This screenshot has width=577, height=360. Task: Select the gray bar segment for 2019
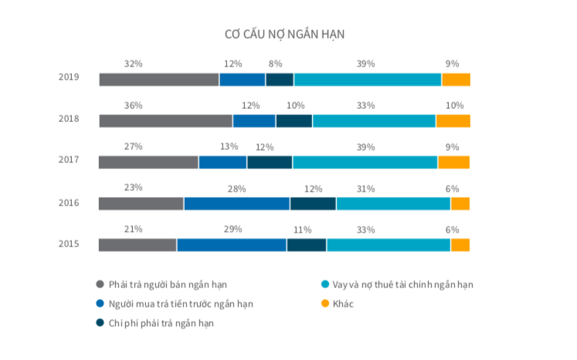tap(158, 79)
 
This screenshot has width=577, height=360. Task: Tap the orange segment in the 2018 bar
tap(453, 121)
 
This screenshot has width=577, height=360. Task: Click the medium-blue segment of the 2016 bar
tap(236, 203)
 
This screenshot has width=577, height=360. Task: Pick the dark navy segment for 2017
tap(269, 161)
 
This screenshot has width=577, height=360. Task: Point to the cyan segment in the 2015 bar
tap(388, 245)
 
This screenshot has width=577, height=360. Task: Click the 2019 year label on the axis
tap(69, 78)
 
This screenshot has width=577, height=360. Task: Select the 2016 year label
tap(69, 203)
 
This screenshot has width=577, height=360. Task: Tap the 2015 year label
tap(69, 244)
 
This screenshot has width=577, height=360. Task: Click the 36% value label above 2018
tap(133, 105)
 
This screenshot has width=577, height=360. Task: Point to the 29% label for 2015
tap(232, 229)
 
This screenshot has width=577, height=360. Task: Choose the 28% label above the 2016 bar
tap(236, 188)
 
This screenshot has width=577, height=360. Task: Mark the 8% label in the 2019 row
tap(275, 63)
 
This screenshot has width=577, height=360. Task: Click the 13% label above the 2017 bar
tap(229, 147)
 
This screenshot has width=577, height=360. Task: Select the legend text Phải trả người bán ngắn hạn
tap(168, 284)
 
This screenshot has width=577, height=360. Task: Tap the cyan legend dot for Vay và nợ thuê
tap(326, 284)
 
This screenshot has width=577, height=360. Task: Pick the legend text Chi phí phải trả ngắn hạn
tap(161, 323)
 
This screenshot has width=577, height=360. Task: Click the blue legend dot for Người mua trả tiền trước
tap(100, 304)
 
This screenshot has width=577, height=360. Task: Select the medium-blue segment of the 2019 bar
tap(242, 79)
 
